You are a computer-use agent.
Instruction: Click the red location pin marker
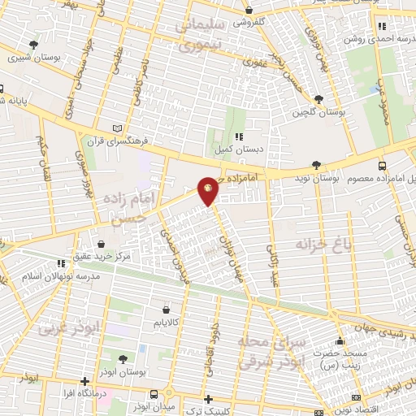point(209,188)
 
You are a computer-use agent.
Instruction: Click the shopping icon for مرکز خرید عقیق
point(101,242)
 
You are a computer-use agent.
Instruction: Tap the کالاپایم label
point(166,323)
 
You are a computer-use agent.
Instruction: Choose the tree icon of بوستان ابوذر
point(122,359)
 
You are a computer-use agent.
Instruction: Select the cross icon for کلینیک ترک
point(210,399)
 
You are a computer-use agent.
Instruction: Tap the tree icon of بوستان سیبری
point(33,45)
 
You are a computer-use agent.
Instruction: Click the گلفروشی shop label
point(250,23)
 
